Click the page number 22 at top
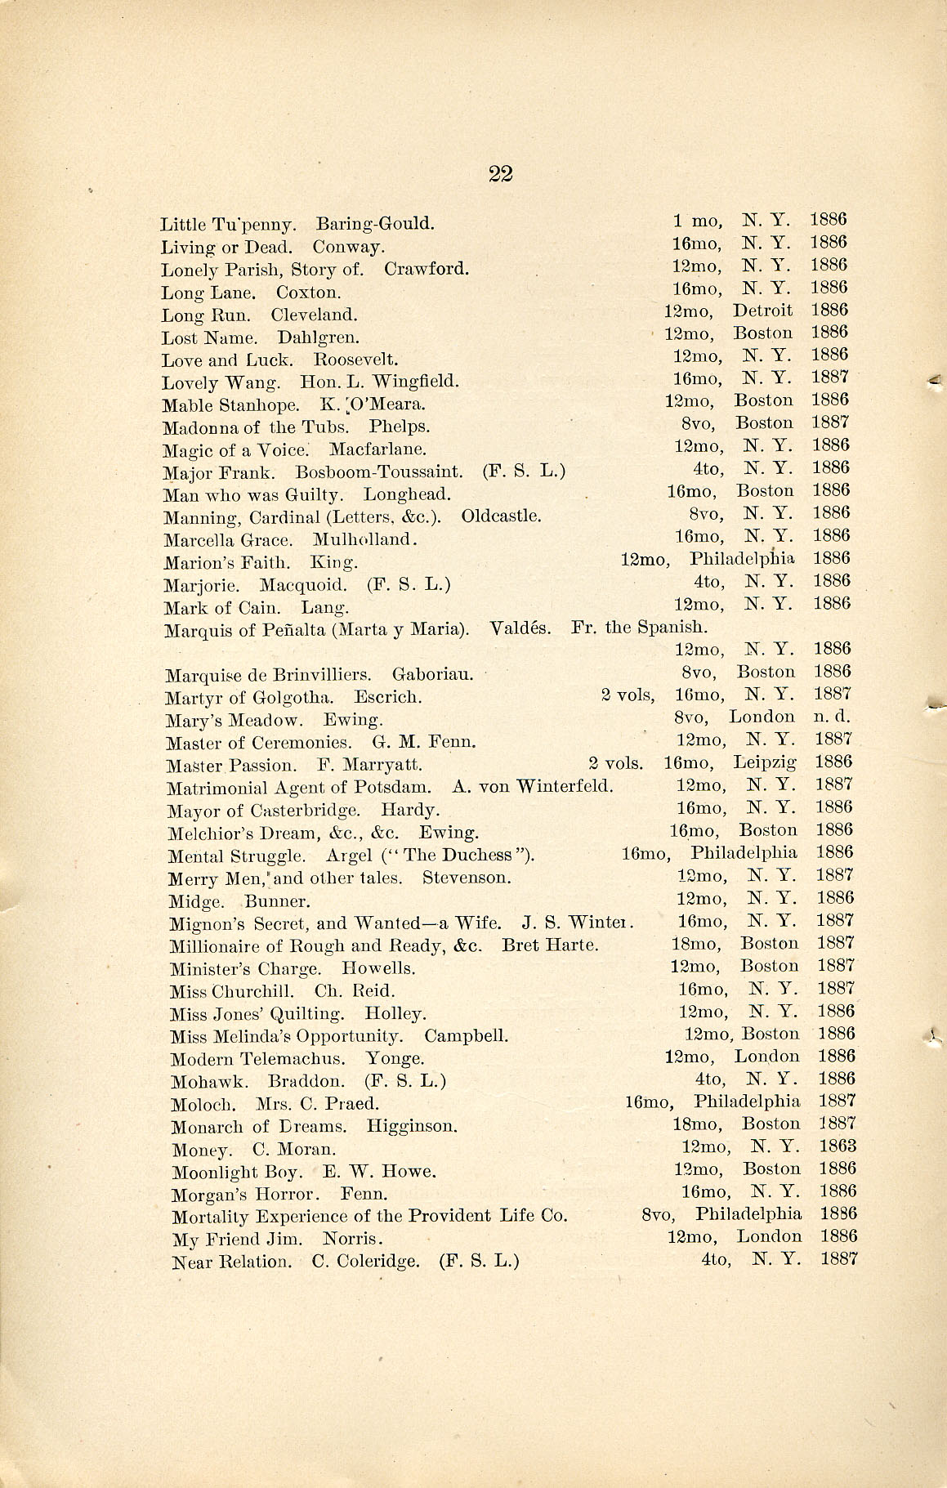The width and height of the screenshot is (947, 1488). tap(500, 173)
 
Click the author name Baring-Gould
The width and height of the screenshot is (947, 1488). tap(375, 223)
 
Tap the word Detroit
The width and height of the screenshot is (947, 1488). tap(762, 311)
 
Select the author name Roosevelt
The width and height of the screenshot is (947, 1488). tap(356, 360)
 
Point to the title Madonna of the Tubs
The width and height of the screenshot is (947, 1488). tap(256, 427)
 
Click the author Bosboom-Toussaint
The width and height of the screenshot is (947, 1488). tap(379, 472)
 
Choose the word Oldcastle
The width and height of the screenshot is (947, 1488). tap(501, 516)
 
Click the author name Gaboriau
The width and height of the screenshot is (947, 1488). tap(433, 675)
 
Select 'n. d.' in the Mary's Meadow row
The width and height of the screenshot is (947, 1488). tap(833, 717)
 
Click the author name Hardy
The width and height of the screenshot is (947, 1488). tap(410, 811)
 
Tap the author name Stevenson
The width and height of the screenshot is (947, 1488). tap(467, 878)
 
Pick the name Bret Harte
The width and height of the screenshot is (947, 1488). tap(550, 945)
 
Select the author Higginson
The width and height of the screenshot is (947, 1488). tap(412, 1127)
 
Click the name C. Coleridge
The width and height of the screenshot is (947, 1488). tap(365, 1262)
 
